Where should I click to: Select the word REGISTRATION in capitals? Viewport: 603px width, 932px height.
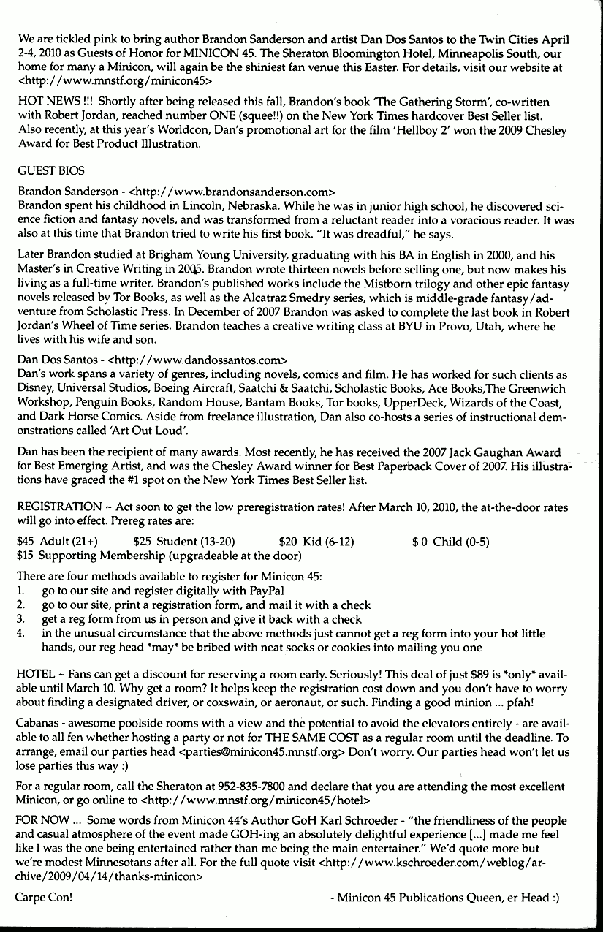[x=59, y=507]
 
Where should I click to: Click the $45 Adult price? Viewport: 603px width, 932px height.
[x=57, y=542]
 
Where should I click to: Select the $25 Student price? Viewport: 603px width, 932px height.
[x=184, y=542]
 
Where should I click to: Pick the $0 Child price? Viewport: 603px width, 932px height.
[x=450, y=542]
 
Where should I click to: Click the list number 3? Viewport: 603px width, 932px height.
[x=20, y=619]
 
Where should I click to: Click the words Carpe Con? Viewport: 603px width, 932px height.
[x=44, y=898]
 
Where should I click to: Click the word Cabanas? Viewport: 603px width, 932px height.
[x=38, y=724]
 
